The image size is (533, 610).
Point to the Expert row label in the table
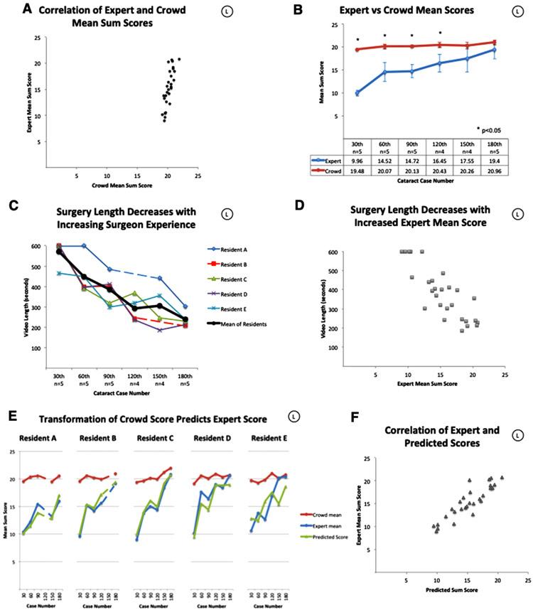(x=323, y=161)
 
